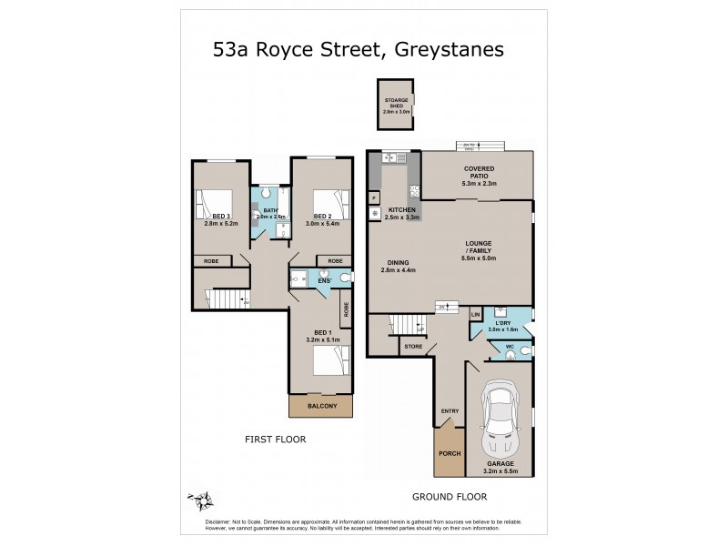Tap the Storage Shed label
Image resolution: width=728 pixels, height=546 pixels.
click(x=396, y=105)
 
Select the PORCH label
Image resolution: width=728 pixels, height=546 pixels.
click(x=449, y=453)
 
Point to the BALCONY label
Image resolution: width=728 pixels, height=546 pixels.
click(x=321, y=406)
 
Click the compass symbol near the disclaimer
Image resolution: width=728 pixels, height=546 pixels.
click(x=200, y=499)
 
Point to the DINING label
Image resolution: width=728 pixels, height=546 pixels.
click(x=397, y=266)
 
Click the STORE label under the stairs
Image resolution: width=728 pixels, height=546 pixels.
click(x=413, y=346)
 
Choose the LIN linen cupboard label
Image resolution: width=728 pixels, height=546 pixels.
click(x=475, y=315)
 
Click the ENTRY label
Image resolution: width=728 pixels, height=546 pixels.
click(x=450, y=410)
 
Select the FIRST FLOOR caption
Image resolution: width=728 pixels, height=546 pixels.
click(x=275, y=440)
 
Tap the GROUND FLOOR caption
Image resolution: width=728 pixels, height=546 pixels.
click(x=450, y=497)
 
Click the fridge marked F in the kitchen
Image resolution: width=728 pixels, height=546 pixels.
click(x=374, y=197)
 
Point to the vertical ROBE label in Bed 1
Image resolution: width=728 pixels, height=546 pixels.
click(x=347, y=309)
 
